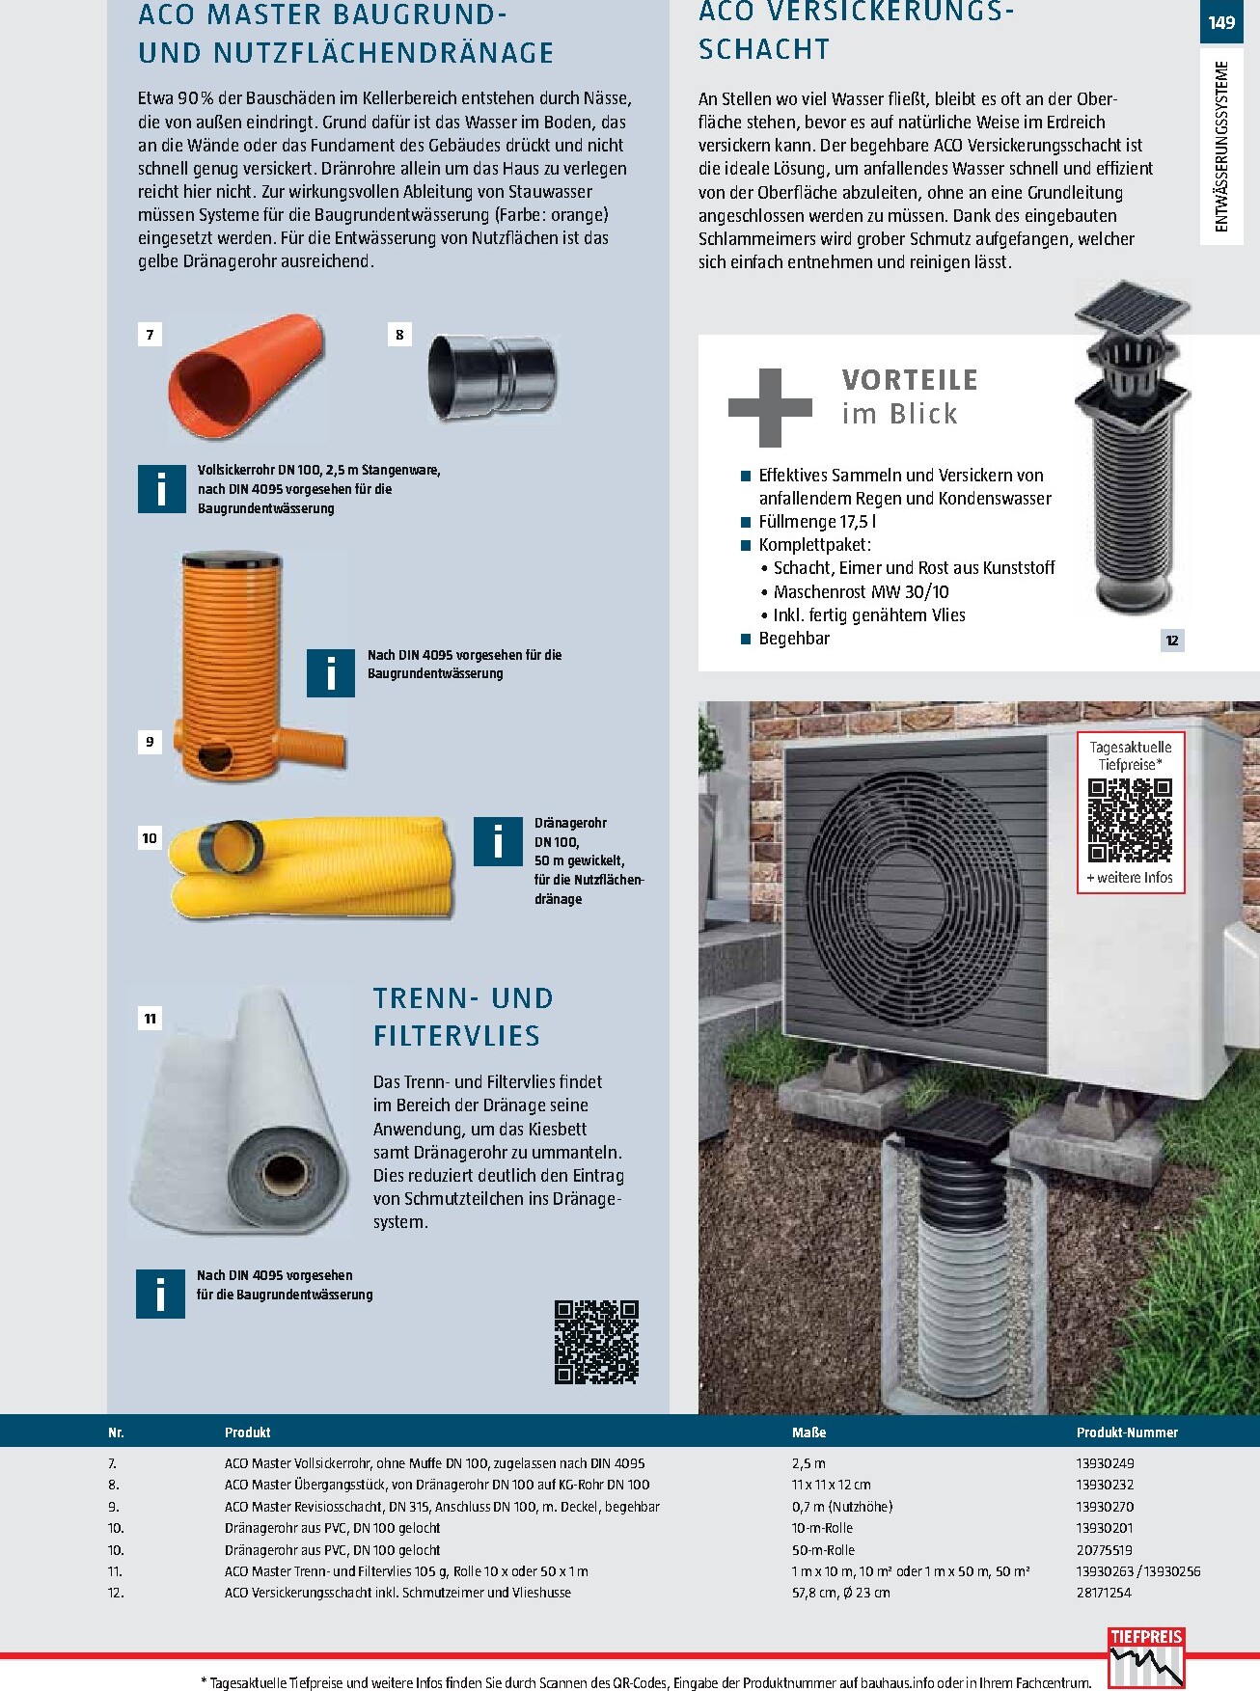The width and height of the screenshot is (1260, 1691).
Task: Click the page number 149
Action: pos(1221,22)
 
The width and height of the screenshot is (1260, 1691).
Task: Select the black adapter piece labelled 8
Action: pos(492,375)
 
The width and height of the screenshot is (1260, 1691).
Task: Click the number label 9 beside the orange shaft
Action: pos(150,742)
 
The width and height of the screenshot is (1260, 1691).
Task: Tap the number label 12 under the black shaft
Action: pos(1172,640)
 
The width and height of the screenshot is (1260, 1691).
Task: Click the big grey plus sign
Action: pos(770,407)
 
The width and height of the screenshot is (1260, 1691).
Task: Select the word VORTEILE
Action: pos(910,380)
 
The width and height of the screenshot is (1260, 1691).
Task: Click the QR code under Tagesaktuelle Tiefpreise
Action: pos(1130,820)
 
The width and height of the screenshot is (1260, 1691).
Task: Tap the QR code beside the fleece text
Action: pos(596,1342)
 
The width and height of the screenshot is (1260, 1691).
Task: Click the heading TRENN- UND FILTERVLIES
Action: pos(464,1017)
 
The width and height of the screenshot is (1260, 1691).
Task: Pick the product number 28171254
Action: pos(1104,1593)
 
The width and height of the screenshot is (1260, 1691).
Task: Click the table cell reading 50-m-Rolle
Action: pos(823,1549)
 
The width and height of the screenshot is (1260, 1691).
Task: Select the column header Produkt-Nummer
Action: pos(1127,1432)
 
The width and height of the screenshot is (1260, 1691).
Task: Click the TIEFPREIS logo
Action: pos(1146,1656)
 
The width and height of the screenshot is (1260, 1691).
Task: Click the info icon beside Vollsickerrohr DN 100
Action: pos(161,488)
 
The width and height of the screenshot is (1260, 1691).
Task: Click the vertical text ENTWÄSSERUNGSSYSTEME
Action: pos(1222,147)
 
